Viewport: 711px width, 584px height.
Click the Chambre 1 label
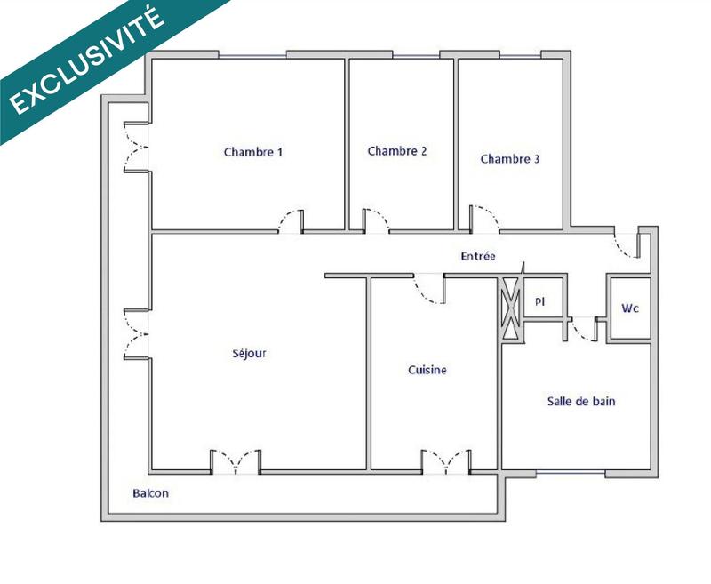click(253, 152)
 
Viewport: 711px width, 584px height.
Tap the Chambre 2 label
click(397, 151)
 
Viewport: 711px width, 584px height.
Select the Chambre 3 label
click(510, 159)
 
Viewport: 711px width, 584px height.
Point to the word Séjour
click(249, 353)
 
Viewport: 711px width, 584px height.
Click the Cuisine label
click(427, 370)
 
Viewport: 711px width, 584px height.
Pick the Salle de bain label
click(581, 402)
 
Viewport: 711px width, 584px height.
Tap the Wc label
click(630, 308)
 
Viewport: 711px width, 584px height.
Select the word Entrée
click(478, 256)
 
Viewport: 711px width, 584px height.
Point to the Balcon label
click(150, 493)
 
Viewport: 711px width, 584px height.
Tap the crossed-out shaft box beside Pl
click(511, 307)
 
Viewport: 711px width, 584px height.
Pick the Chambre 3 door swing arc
click(484, 218)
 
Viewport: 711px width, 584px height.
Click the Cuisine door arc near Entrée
click(430, 291)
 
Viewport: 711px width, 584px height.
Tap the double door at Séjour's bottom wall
click(236, 461)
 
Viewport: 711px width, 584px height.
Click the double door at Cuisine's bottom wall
click(446, 460)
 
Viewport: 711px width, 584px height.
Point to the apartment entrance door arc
click(627, 244)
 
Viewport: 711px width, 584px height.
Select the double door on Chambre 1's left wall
click(136, 148)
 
